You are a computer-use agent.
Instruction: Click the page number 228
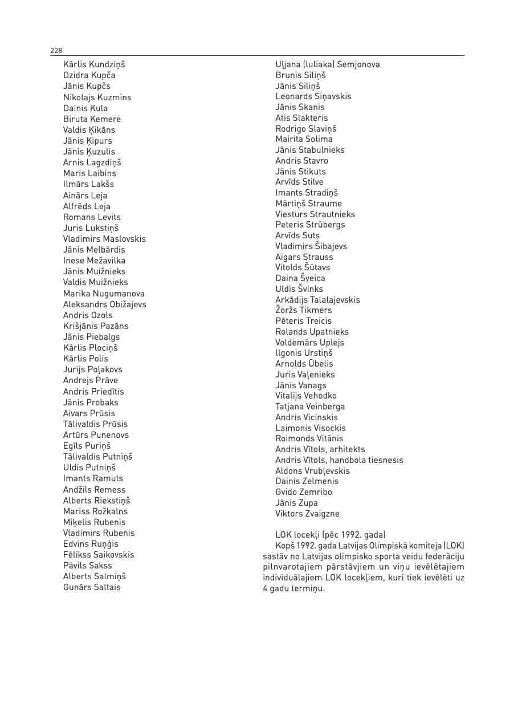click(x=56, y=51)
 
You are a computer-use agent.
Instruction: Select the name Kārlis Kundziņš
click(x=94, y=64)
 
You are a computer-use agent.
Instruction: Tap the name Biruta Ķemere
click(x=92, y=119)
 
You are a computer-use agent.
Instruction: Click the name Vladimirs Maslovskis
click(x=104, y=239)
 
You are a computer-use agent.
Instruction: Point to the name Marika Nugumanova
click(x=104, y=294)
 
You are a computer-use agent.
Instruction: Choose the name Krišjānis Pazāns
click(x=96, y=326)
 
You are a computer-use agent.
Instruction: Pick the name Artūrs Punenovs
click(x=96, y=435)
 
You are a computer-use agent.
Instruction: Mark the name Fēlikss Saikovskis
click(x=99, y=555)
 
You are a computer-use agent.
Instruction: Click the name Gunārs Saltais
click(x=92, y=587)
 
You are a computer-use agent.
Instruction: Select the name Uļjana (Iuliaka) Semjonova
click(x=327, y=64)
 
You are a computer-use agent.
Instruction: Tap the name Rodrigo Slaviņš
click(x=306, y=129)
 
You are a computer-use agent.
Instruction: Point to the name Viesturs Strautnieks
click(x=315, y=214)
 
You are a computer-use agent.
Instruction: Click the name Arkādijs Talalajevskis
click(x=317, y=300)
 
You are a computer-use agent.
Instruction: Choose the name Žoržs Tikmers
click(x=303, y=310)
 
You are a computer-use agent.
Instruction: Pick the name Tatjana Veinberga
click(x=310, y=407)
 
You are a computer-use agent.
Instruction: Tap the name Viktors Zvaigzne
click(x=307, y=514)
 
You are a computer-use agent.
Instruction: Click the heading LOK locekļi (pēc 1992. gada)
click(x=331, y=535)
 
